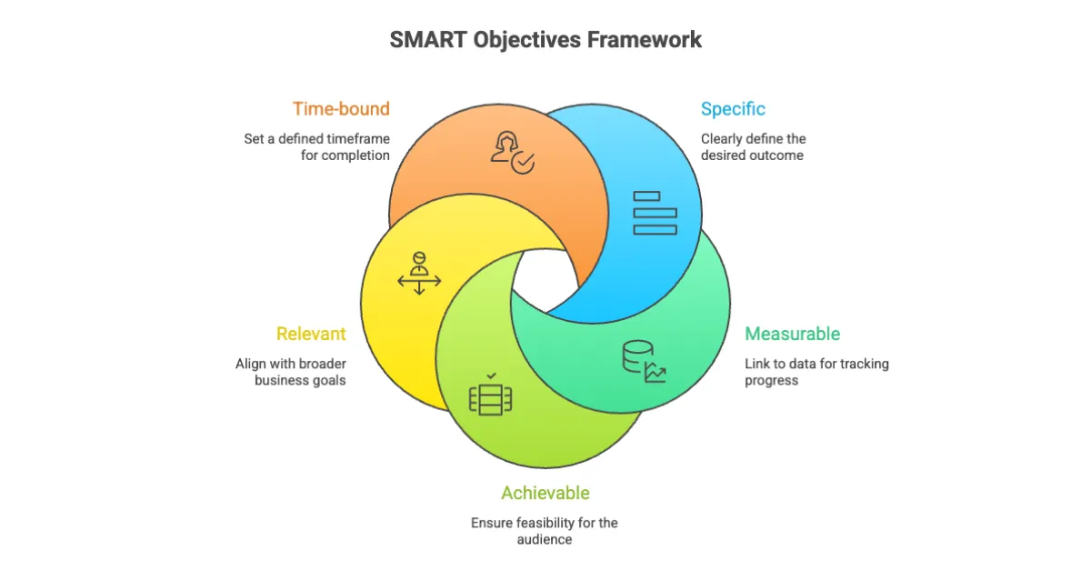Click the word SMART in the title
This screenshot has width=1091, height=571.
click(x=428, y=40)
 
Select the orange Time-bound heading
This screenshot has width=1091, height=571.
click(x=341, y=109)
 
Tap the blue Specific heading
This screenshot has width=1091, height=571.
click(x=733, y=109)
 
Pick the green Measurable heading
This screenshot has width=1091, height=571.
click(x=792, y=334)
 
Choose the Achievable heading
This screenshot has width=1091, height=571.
click(x=545, y=493)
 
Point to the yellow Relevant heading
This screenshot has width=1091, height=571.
click(x=311, y=334)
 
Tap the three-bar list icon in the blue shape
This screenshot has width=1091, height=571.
click(x=655, y=213)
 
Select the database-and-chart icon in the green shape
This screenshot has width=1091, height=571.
click(x=643, y=361)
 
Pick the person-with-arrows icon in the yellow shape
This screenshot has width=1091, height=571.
click(x=419, y=274)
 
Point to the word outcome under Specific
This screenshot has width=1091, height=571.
click(x=779, y=155)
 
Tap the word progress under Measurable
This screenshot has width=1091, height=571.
click(x=772, y=380)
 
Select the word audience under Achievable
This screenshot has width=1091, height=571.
click(x=545, y=539)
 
